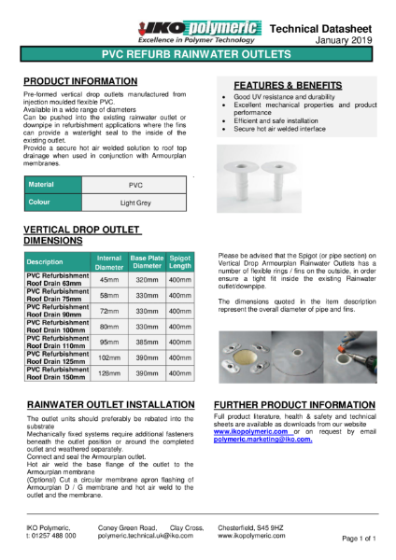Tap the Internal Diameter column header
pos(108,261)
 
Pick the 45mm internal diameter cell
pos(108,279)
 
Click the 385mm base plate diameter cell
pos(144,343)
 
